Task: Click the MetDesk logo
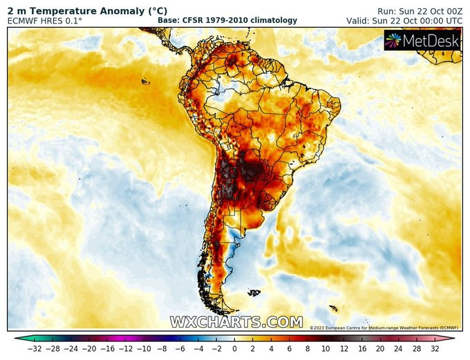coord(423,41)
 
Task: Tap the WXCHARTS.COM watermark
coord(236,322)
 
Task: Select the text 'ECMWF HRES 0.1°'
coord(45,21)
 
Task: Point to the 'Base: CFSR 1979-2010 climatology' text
coord(227,21)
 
